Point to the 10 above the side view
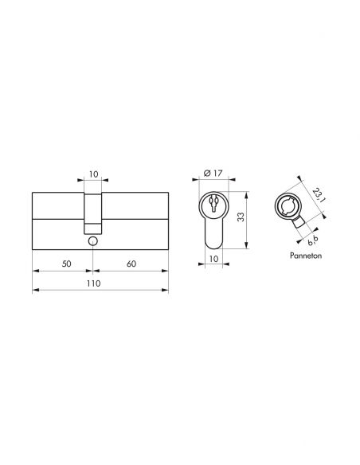[x=94, y=174]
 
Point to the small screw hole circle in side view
[x=94, y=240]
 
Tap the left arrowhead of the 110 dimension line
[x=34, y=292]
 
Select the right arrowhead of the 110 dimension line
[x=166, y=292]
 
